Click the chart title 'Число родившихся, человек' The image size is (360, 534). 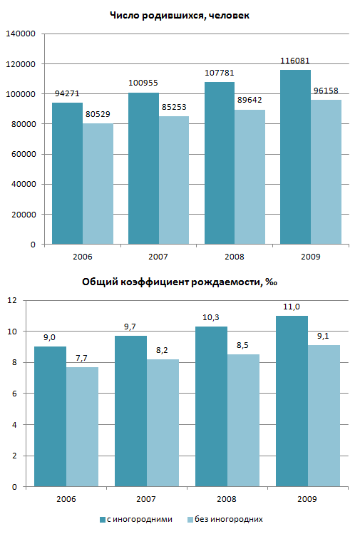180,15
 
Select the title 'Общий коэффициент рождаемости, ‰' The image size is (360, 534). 180,282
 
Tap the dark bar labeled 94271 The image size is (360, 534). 68,173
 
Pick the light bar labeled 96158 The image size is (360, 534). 326,172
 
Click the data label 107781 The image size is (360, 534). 220,73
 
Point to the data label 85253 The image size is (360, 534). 174,107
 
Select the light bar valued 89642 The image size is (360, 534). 250,177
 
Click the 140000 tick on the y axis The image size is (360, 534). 21,34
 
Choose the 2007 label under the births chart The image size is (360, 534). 158,257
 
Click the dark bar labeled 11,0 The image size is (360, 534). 292,401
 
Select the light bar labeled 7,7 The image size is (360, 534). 83,427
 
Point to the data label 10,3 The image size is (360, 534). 211,317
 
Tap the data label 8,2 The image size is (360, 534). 162,350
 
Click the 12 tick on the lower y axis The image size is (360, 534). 12,300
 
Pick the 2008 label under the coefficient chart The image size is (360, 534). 227,499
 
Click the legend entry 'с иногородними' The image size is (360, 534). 136,519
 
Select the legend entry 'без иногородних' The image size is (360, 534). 225,519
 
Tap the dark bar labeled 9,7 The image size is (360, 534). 130,411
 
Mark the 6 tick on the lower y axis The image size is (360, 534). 14,394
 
